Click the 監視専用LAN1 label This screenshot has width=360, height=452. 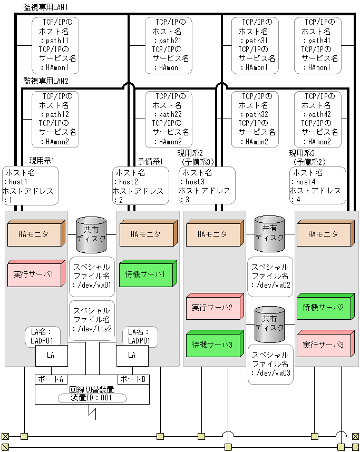[46, 8]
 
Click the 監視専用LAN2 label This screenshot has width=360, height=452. [46, 81]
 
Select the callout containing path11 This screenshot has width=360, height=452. [55, 45]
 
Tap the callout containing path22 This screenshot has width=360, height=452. [168, 119]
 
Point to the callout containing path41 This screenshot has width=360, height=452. [317, 45]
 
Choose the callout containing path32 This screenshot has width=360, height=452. [255, 119]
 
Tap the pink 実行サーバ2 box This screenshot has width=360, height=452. [213, 307]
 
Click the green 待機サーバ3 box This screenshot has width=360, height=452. [213, 344]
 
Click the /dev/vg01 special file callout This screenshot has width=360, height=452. [92, 277]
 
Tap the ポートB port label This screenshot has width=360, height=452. [132, 379]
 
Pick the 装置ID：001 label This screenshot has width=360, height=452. [91, 398]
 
